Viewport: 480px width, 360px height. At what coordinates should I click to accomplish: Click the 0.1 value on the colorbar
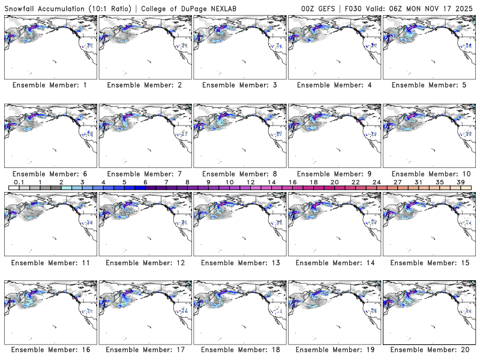pos(19,182)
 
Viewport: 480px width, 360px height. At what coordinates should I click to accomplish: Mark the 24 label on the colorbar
pos(377,182)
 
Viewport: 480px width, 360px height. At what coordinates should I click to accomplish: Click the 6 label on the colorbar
pos(145,182)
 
